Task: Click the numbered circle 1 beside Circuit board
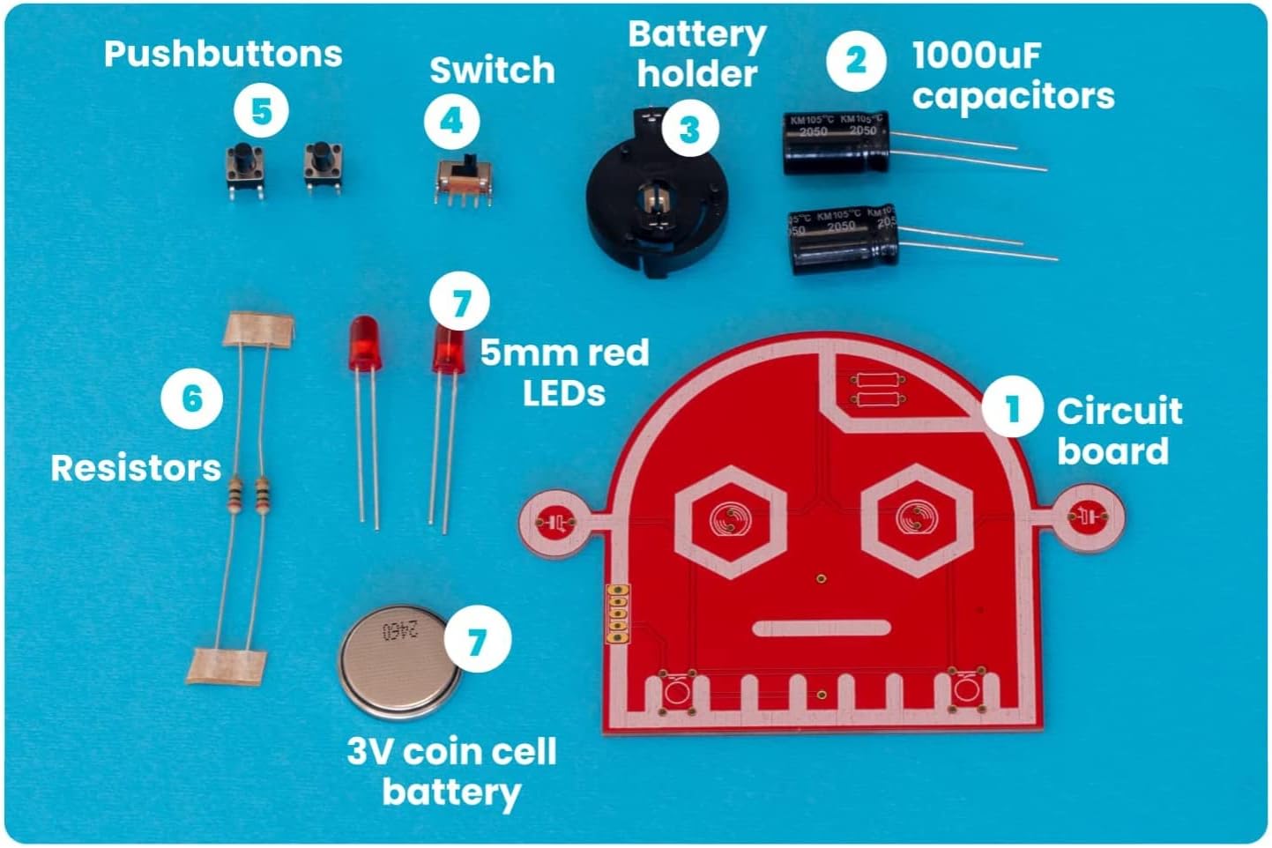click(1012, 407)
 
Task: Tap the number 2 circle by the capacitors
click(855, 60)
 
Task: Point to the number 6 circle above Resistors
click(191, 398)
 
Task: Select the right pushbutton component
click(323, 166)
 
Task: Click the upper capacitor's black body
click(835, 143)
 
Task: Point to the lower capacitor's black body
click(843, 238)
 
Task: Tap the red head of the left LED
click(362, 343)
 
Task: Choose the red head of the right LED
click(448, 350)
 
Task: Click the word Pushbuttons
click(223, 54)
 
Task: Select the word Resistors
click(136, 467)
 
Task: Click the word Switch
click(492, 71)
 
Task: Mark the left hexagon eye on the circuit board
click(730, 520)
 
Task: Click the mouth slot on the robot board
click(822, 628)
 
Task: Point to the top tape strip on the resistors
click(258, 329)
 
